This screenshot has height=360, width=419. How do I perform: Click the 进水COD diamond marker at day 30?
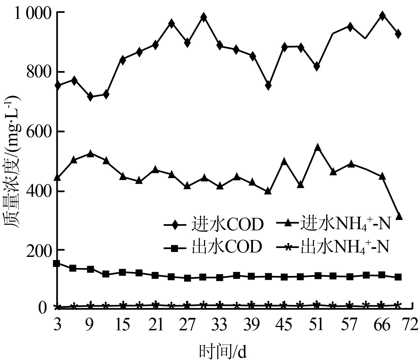204,17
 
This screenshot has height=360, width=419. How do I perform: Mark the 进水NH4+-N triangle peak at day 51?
318,147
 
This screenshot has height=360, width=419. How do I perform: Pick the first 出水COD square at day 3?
57,263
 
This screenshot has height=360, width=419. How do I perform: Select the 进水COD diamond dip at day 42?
268,86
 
